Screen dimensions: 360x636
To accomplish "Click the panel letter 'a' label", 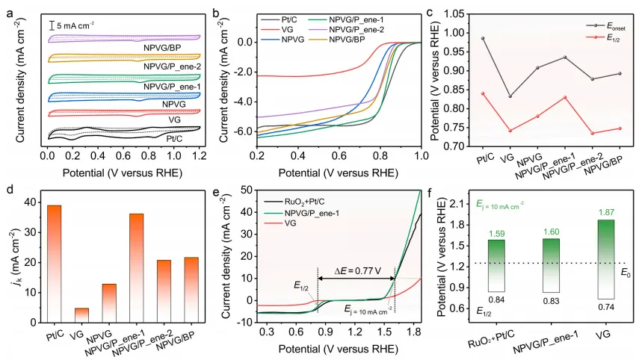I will tap(6, 10).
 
